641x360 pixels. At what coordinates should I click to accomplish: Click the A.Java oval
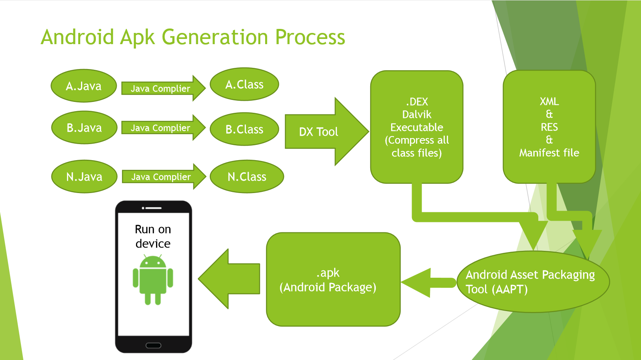click(x=84, y=86)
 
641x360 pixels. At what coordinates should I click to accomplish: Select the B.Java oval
click(x=84, y=128)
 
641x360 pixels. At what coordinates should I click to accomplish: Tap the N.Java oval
click(x=84, y=177)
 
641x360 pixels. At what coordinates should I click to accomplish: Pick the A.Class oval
click(x=244, y=84)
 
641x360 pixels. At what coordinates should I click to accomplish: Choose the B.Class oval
click(x=244, y=129)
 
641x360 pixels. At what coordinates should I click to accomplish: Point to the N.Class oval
click(x=247, y=177)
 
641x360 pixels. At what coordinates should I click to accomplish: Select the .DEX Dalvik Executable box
click(x=417, y=127)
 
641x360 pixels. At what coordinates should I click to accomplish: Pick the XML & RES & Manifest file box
click(x=549, y=127)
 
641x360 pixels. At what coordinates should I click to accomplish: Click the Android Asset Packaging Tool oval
click(x=533, y=282)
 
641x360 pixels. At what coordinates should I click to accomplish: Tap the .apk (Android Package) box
click(x=333, y=280)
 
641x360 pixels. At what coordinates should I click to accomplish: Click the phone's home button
click(x=153, y=345)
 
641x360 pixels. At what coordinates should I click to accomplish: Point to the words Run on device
click(x=153, y=236)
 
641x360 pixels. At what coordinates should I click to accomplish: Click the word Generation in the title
click(x=215, y=37)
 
